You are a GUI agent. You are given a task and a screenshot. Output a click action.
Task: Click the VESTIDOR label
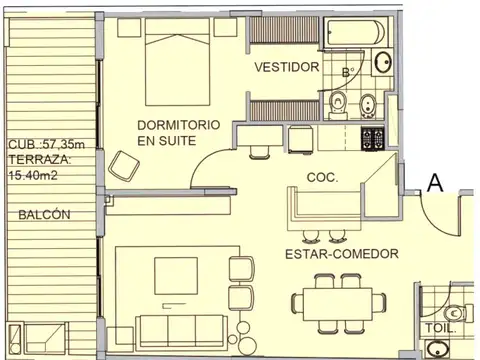[x=287, y=68]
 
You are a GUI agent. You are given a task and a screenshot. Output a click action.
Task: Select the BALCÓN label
[x=44, y=214]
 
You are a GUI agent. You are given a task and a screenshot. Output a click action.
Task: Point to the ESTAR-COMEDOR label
[x=341, y=254]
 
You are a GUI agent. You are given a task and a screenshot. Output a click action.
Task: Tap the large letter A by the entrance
[x=435, y=183]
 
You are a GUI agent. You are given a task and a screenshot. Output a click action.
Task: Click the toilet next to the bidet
[x=341, y=100]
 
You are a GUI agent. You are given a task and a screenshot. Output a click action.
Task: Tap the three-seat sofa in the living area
[x=166, y=328]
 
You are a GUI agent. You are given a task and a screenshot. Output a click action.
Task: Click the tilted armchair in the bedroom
[x=123, y=163]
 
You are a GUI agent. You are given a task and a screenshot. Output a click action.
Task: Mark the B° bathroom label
[x=346, y=72]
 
